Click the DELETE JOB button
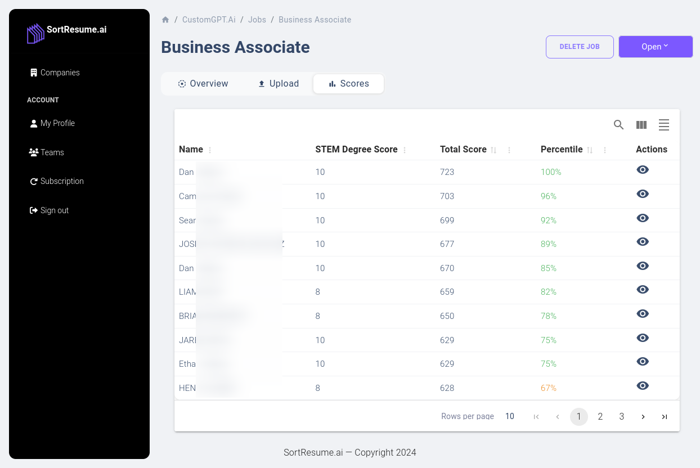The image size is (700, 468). coord(579,47)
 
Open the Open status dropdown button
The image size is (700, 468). coord(655,47)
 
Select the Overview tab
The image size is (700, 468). coord(203,84)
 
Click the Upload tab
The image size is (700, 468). coord(279,84)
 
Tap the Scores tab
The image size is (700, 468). coord(348,84)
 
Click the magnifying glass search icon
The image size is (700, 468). coord(618,125)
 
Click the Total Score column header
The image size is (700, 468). coord(463,150)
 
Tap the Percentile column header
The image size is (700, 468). coord(561,150)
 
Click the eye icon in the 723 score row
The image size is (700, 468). coord(643,170)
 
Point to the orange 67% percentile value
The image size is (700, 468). coord(548,388)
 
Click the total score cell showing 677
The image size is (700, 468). coord(447,244)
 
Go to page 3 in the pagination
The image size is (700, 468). coord(621,417)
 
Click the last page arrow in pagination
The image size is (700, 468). coord(664,417)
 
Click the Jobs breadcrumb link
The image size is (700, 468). coord(257,20)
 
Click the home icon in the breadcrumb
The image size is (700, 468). coord(165,20)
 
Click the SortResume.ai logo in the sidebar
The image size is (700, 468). coord(66,32)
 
